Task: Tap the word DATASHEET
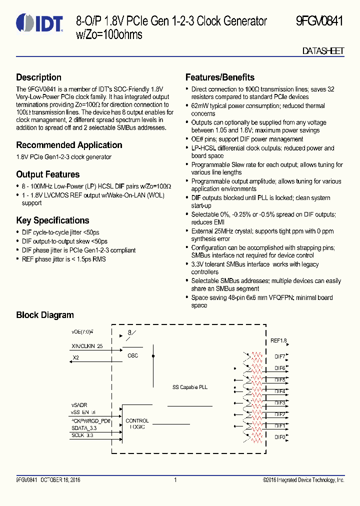pyautogui.click(x=323, y=51)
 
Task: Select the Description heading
pyautogui.click(x=39, y=77)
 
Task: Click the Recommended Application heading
pyautogui.click(x=69, y=145)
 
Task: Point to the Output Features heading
pyautogui.click(x=48, y=174)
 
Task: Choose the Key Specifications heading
pyautogui.click(x=52, y=220)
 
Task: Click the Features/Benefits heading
pyautogui.click(x=220, y=77)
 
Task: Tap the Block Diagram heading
pyautogui.click(x=45, y=315)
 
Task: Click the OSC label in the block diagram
pyautogui.click(x=133, y=356)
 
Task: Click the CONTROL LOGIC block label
pyautogui.click(x=137, y=424)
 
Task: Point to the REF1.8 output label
pyautogui.click(x=278, y=341)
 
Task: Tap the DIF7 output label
pyautogui.click(x=280, y=357)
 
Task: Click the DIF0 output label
pyautogui.click(x=280, y=437)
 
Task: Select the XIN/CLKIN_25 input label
pyautogui.click(x=87, y=345)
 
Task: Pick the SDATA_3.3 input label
pyautogui.click(x=84, y=428)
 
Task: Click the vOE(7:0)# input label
pyautogui.click(x=82, y=331)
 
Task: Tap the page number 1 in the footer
pyautogui.click(x=175, y=480)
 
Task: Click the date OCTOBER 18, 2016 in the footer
pyautogui.click(x=60, y=480)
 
